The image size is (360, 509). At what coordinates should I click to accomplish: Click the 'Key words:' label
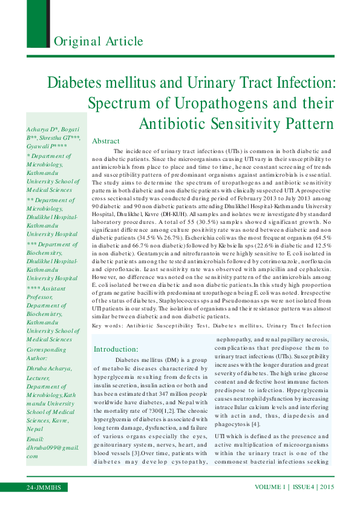tap(106, 326)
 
